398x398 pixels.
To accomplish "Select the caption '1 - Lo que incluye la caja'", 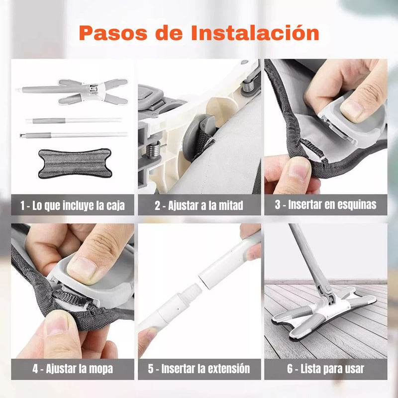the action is (x=73, y=205).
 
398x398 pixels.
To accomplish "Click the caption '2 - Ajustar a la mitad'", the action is (x=199, y=205).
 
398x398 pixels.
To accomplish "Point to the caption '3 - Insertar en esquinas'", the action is (x=326, y=204).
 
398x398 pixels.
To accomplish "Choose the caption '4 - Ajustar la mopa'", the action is (x=73, y=369).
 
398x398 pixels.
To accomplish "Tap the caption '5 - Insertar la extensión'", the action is (x=199, y=369).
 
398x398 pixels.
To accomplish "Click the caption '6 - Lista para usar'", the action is (x=326, y=369).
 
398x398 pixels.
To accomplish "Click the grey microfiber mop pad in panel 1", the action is (x=75, y=163).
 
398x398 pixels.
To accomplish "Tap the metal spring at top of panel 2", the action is (x=248, y=86).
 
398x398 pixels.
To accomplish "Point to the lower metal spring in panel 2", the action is (x=153, y=150).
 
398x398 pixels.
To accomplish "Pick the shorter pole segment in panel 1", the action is (x=74, y=120).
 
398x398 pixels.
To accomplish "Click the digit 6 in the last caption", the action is (x=290, y=369).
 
